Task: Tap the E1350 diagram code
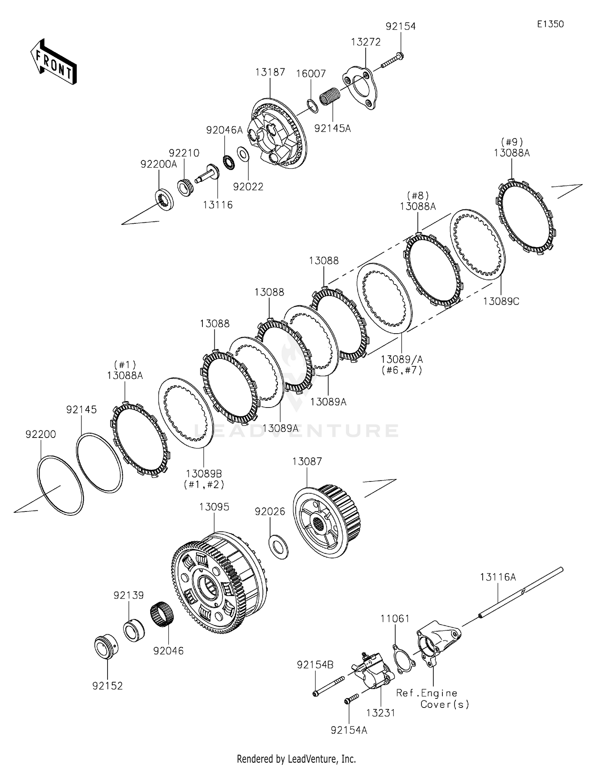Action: (x=550, y=24)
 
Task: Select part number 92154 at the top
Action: (x=400, y=26)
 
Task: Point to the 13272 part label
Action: (x=366, y=42)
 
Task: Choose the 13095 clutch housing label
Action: (x=214, y=507)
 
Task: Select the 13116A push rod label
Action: (x=498, y=577)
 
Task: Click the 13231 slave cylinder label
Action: (x=380, y=713)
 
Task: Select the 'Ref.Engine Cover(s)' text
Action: (x=433, y=698)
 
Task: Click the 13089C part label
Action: (x=501, y=301)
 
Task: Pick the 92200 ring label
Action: (x=41, y=434)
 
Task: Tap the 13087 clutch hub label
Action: (x=307, y=461)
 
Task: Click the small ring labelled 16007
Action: (x=312, y=106)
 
